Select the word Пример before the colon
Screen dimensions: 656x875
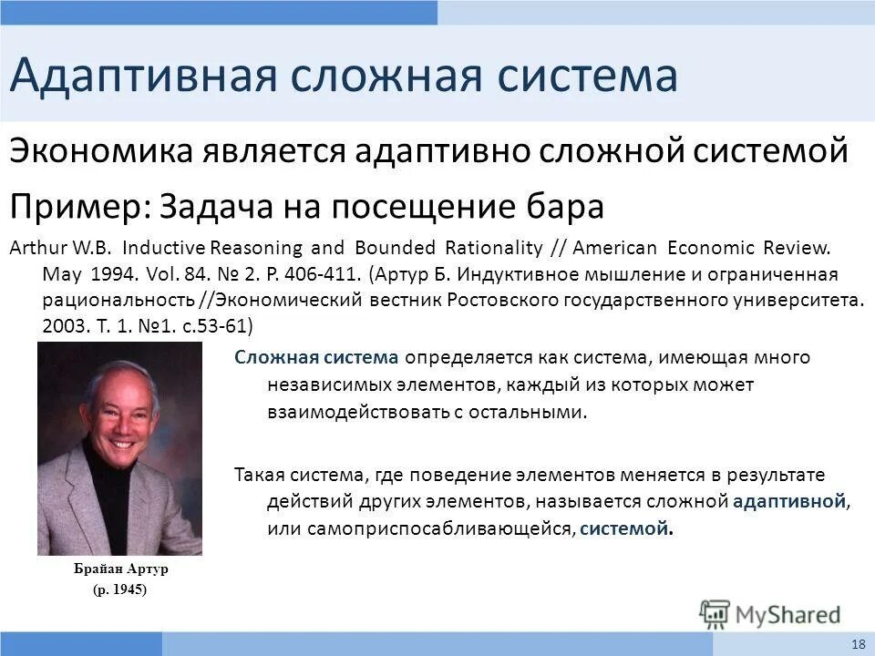coord(71,206)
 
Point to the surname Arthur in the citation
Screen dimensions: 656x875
coord(35,248)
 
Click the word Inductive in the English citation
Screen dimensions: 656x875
coord(164,248)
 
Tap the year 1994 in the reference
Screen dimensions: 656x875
coord(110,273)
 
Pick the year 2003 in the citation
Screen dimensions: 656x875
coord(63,325)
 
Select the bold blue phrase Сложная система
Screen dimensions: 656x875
coord(316,357)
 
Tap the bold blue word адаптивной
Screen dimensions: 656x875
coord(789,501)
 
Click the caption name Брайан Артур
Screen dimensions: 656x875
coord(121,569)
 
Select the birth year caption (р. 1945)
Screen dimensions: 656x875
coord(119,589)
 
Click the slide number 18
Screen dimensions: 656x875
coord(858,644)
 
